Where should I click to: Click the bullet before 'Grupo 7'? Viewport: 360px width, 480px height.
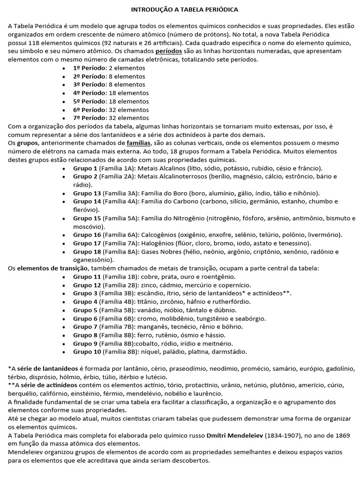(x=64, y=327)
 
